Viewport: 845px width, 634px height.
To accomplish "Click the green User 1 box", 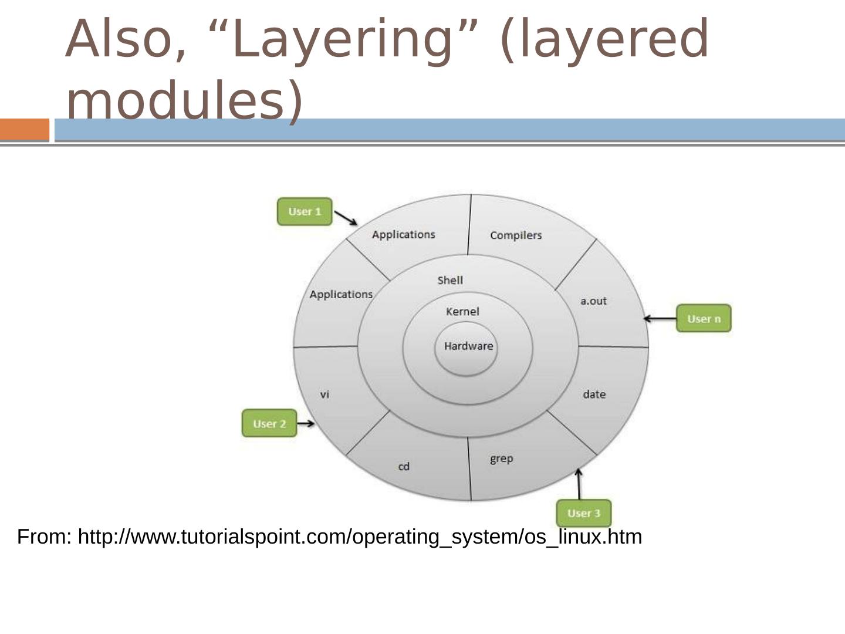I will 305,211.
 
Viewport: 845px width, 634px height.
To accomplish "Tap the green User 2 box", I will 269,423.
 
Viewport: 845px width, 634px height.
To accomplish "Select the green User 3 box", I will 583,513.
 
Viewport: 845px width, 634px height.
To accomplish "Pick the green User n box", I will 703,319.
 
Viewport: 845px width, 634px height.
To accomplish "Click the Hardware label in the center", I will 468,346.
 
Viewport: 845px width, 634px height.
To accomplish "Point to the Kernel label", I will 462,312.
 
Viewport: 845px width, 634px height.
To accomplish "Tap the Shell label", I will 450,281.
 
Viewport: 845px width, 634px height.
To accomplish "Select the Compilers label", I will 516,235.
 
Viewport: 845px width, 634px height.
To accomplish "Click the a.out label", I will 593,301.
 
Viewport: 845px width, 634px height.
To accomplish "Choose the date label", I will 594,394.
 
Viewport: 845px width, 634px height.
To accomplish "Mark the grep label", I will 502,458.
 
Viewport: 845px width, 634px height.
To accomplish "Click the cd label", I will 404,467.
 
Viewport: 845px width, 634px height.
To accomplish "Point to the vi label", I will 325,394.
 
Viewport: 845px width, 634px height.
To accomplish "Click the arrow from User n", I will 660,319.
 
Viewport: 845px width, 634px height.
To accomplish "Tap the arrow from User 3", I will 579,484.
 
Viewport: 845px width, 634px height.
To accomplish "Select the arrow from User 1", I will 346,218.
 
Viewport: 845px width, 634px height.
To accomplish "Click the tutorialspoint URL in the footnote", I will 360,537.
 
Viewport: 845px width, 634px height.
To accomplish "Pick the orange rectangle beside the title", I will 25,130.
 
